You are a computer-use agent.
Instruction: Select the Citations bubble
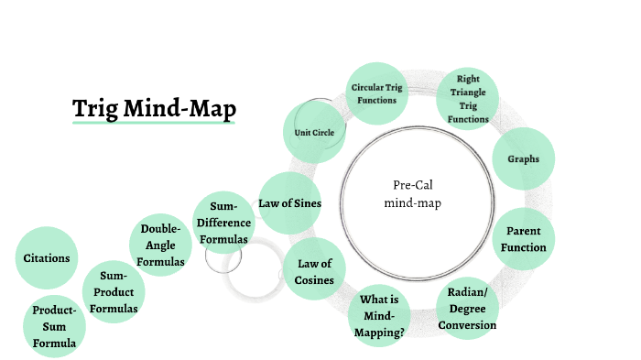click(47, 257)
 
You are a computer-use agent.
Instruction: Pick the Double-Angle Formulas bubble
click(160, 245)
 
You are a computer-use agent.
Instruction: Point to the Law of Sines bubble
click(289, 202)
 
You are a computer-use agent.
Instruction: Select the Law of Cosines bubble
click(314, 272)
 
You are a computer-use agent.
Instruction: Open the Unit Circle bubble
click(314, 133)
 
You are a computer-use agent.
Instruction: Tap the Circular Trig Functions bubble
click(375, 93)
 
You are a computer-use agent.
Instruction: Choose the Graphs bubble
click(523, 158)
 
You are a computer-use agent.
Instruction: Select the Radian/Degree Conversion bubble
click(467, 309)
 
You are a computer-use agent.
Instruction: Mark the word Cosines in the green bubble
click(314, 280)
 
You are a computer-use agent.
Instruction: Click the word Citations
click(47, 257)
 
